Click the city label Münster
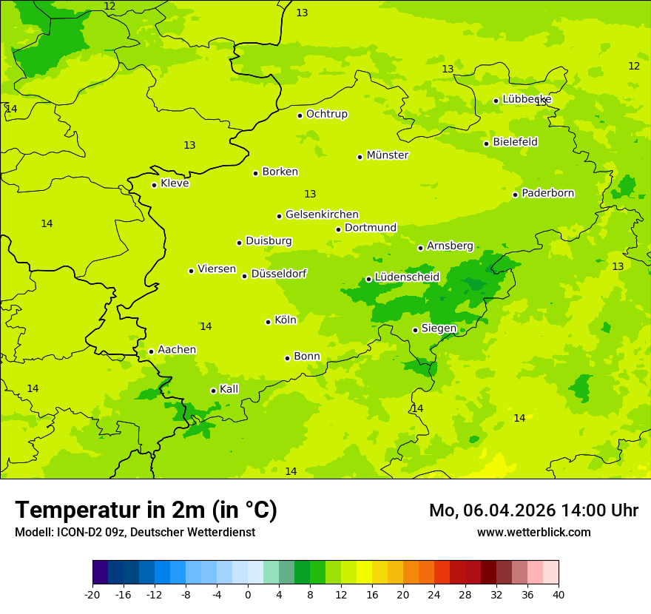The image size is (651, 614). (387, 155)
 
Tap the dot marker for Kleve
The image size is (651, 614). (154, 185)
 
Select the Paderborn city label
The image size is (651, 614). (547, 193)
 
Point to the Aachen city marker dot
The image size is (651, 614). (151, 351)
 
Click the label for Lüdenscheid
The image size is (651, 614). (407, 277)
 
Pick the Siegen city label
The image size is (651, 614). (439, 328)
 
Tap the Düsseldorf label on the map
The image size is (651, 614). (278, 274)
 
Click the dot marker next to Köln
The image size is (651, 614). (268, 322)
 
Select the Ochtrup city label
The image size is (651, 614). (326, 114)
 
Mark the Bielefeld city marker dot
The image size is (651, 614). (486, 144)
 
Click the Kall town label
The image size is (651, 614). (229, 389)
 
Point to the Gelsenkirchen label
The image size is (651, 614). (322, 215)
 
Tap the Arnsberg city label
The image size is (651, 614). (450, 246)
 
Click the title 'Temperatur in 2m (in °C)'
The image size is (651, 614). (146, 510)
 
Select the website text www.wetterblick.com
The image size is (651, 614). (533, 532)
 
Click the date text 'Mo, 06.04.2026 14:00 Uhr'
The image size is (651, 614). (533, 510)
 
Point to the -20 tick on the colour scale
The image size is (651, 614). (92, 594)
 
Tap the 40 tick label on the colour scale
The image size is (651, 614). (559, 594)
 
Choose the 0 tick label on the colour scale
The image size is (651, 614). (248, 594)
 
